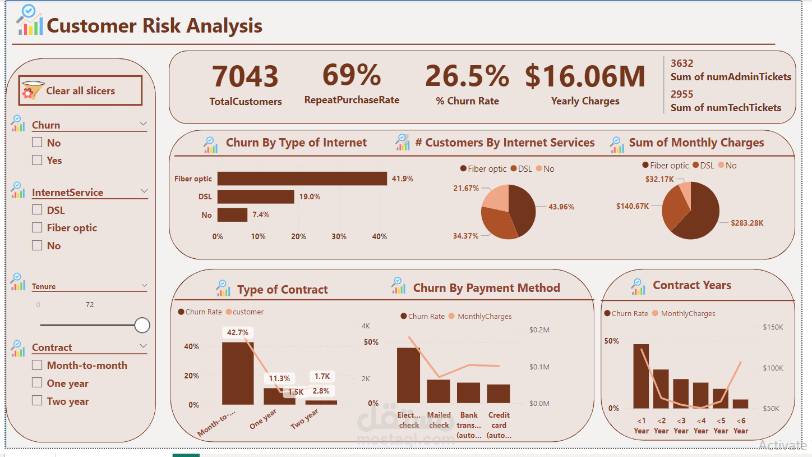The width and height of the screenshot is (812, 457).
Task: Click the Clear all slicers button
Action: [x=80, y=90]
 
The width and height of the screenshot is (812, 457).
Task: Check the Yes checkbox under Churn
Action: [x=37, y=160]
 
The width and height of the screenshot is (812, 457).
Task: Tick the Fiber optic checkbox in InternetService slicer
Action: [x=37, y=227]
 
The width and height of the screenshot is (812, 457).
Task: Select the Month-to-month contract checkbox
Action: [x=37, y=365]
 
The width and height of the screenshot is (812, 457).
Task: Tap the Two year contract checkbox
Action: [x=37, y=400]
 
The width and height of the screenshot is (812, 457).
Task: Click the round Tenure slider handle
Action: [x=142, y=325]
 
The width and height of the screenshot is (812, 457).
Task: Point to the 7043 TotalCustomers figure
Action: [x=245, y=76]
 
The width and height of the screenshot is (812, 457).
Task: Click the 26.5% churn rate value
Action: [x=467, y=76]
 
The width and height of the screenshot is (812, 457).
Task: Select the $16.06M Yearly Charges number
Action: [x=585, y=76]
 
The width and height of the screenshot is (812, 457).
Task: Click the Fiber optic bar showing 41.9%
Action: [x=302, y=179]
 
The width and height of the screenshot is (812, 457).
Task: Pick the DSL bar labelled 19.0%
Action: [x=256, y=196]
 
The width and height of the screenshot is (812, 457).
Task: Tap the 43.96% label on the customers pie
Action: [x=561, y=207]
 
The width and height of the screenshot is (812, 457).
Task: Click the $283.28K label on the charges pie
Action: [x=747, y=223]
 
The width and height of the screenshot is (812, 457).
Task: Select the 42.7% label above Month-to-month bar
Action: [x=238, y=332]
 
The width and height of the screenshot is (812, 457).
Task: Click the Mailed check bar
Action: [x=439, y=391]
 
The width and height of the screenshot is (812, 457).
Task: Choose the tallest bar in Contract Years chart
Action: [x=641, y=376]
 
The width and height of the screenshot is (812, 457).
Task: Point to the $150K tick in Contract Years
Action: [x=773, y=327]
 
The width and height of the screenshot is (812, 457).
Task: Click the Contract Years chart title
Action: [x=692, y=285]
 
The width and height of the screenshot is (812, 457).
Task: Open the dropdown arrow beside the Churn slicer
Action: [x=143, y=124]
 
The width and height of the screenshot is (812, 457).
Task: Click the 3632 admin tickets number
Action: [x=682, y=63]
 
